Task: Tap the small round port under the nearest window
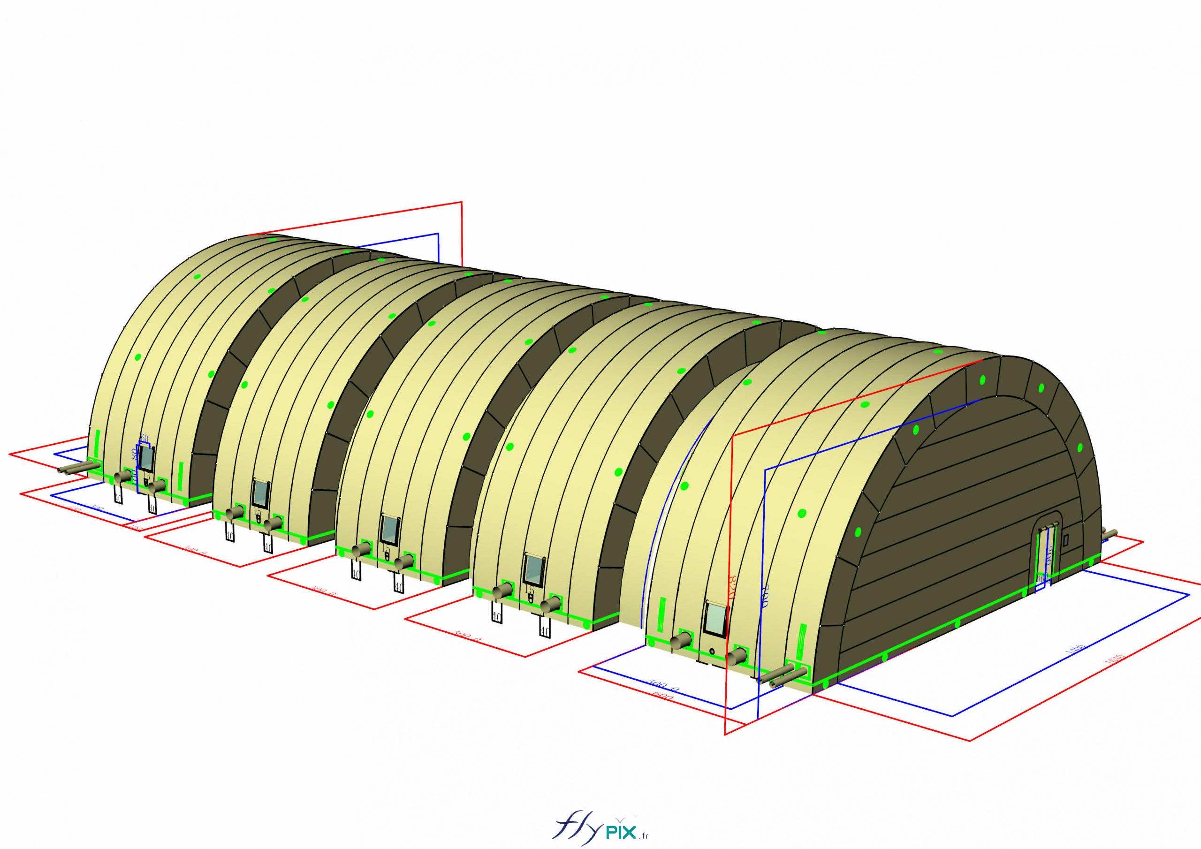click(711, 651)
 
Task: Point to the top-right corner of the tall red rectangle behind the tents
click(462, 201)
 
